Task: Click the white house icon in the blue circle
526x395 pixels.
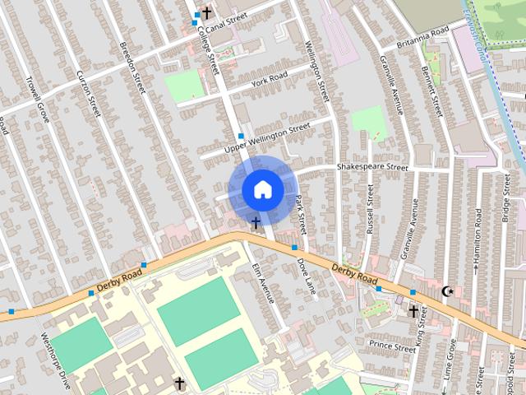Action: click(x=261, y=190)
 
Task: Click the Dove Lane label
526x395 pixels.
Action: click(x=306, y=276)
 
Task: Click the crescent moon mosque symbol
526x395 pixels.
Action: click(x=448, y=291)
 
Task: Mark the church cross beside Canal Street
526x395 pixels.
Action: click(x=205, y=13)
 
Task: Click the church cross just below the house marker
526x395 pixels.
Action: click(x=256, y=222)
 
